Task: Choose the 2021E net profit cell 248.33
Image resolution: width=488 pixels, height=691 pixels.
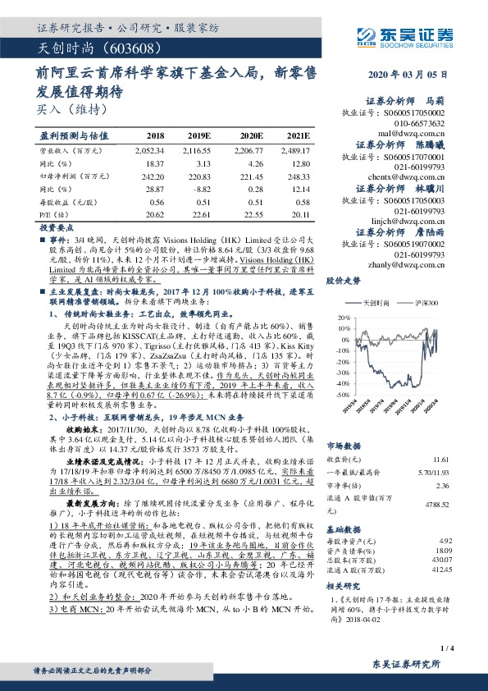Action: point(299,176)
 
